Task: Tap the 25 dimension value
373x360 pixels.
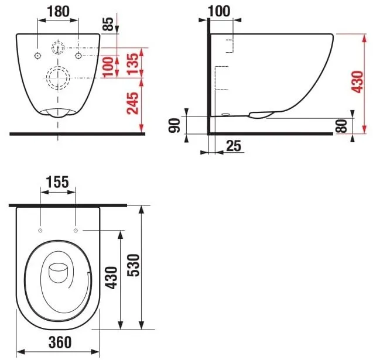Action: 234,146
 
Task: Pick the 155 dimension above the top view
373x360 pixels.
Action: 58,181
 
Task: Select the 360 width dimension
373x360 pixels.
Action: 58,341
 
